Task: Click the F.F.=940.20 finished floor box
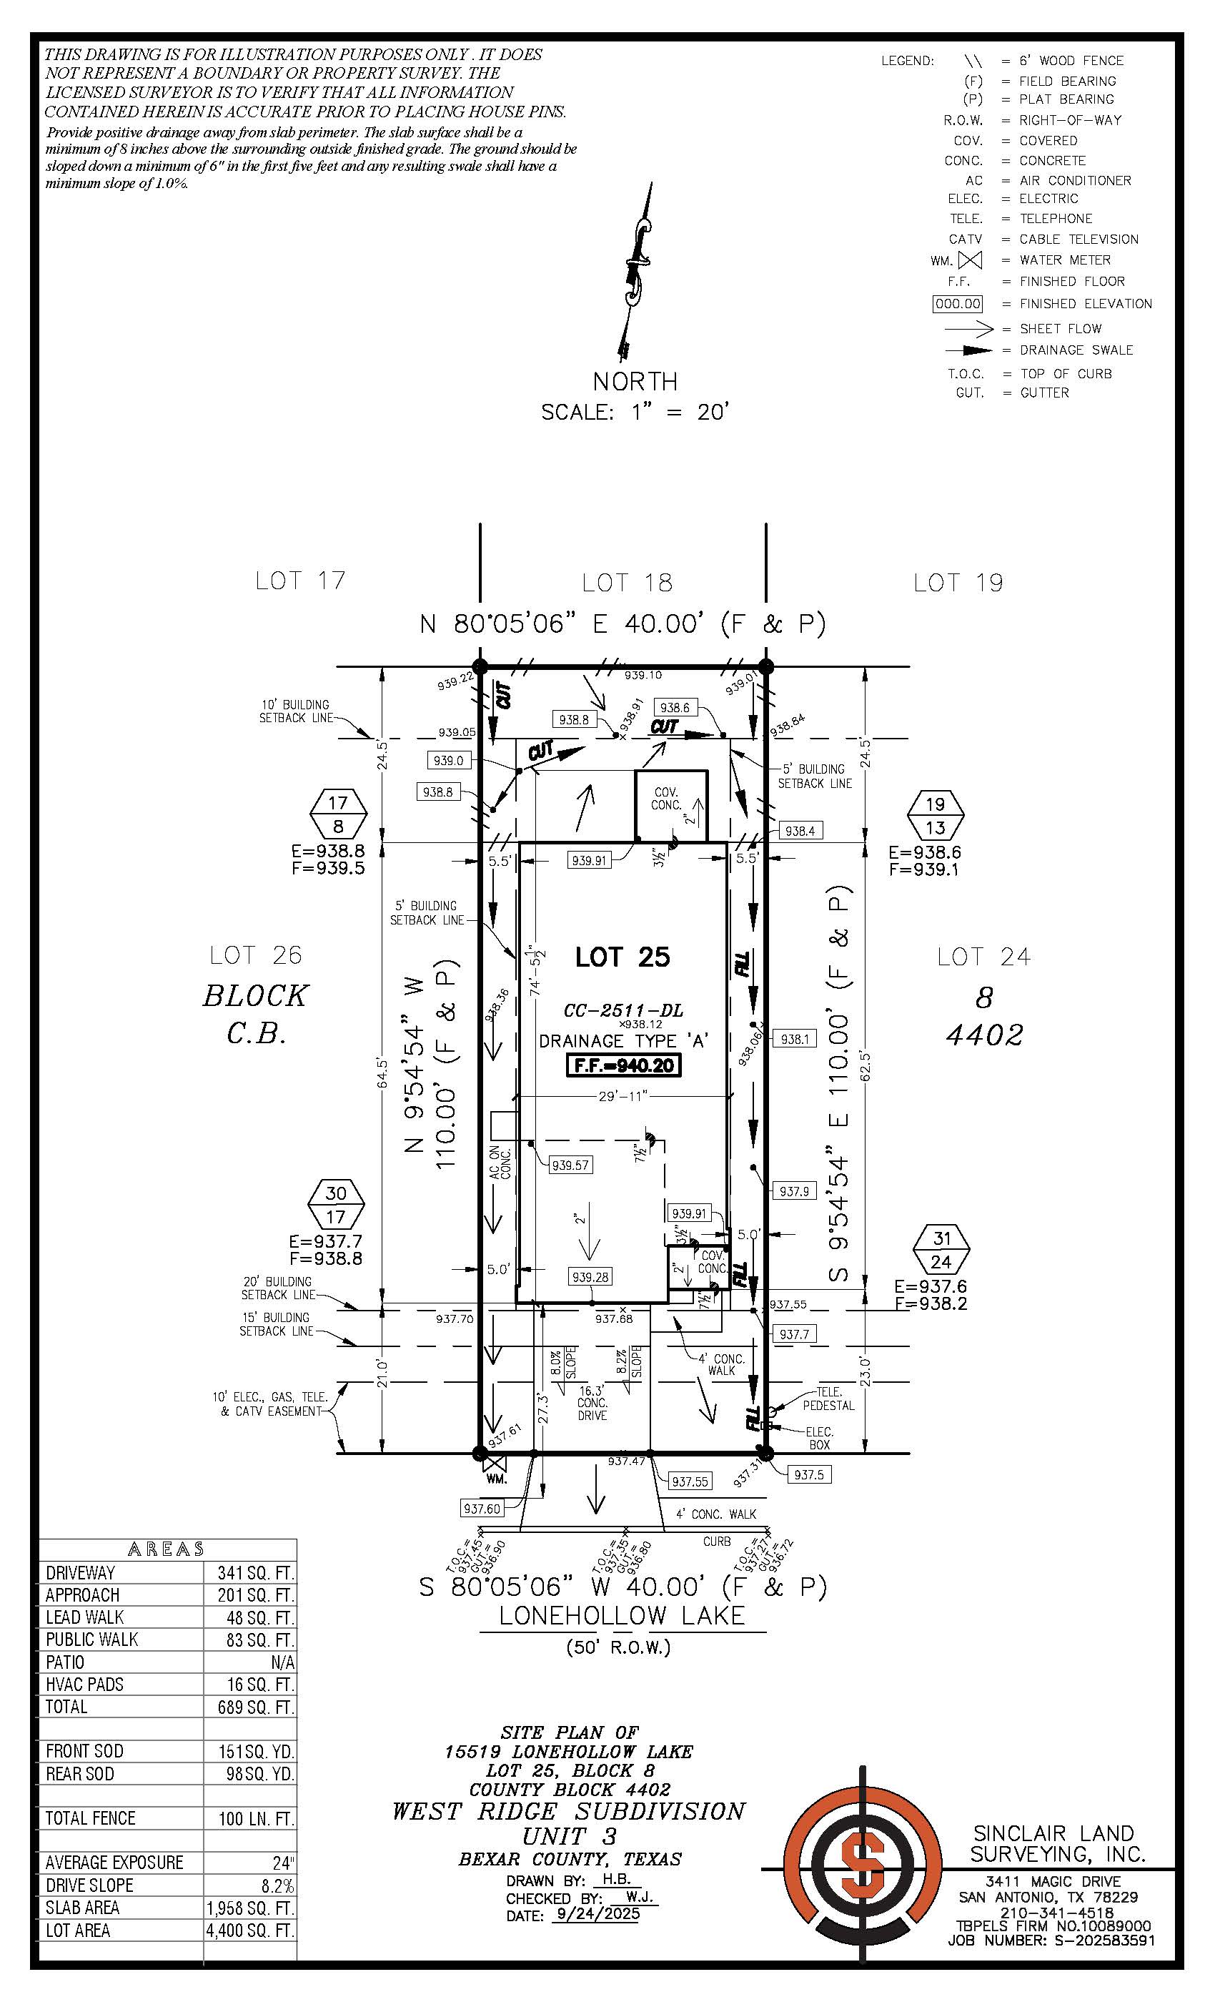click(623, 1065)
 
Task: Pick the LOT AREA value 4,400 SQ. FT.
click(250, 1930)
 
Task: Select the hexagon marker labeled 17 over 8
click(339, 814)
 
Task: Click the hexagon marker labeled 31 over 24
click(941, 1251)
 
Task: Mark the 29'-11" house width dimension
click(622, 1097)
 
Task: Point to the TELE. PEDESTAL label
click(828, 1399)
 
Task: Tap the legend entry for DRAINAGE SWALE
click(1076, 350)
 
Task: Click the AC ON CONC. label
click(500, 1163)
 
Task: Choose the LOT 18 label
click(628, 583)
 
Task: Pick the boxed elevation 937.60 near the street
click(482, 1508)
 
